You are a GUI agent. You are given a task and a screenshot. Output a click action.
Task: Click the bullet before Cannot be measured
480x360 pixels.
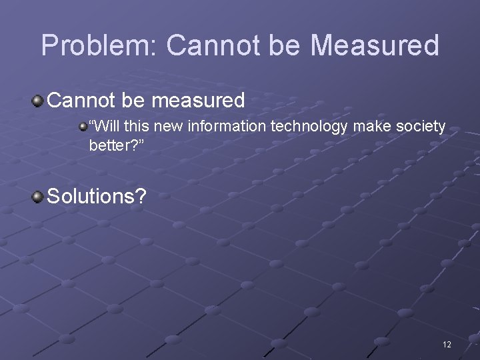pos(38,101)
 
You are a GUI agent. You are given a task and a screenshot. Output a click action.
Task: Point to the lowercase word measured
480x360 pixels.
pos(199,101)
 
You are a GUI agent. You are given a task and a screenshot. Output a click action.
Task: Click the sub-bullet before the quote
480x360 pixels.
pos(83,125)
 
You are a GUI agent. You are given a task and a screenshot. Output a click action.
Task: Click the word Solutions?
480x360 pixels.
pos(100,196)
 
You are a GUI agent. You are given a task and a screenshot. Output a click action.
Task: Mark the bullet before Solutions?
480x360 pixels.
pos(38,196)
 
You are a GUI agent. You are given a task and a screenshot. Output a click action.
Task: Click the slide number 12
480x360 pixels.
pos(447,345)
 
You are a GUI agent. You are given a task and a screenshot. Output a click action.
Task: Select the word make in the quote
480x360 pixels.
pos(369,126)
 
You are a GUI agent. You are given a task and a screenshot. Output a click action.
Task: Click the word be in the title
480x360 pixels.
pos(287,46)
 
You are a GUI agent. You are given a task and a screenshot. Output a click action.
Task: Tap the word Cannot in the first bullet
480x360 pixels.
pos(82,101)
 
